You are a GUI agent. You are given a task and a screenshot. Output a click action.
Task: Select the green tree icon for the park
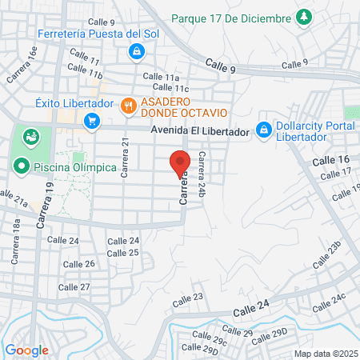[x=303, y=16]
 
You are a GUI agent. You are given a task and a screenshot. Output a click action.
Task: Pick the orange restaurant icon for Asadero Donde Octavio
[x=127, y=106]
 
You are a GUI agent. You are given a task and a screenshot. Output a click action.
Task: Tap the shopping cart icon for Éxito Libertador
[x=92, y=121]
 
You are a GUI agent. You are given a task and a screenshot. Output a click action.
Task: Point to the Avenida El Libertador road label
[x=199, y=132]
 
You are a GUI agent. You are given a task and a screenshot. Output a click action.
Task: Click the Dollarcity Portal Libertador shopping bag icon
[x=263, y=128]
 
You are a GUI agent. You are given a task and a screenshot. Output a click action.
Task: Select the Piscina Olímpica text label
[x=75, y=167]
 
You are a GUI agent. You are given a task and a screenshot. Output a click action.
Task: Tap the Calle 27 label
[x=74, y=286]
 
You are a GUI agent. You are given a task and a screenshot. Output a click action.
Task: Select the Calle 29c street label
[x=214, y=342]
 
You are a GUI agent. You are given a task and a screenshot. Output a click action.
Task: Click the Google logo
[x=26, y=350]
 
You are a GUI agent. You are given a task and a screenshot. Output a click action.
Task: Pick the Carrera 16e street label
[x=22, y=65]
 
